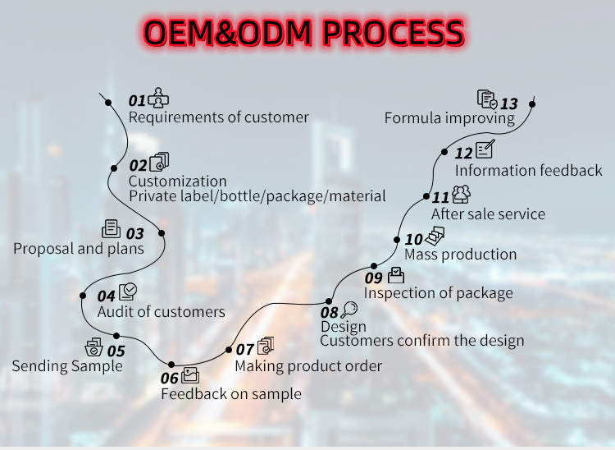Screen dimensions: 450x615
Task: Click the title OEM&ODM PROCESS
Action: (x=303, y=32)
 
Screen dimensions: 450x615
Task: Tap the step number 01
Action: (x=137, y=100)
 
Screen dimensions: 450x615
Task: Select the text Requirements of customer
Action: (x=218, y=117)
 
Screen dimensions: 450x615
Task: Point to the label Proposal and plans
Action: (x=78, y=248)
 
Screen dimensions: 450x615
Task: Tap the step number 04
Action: (x=107, y=296)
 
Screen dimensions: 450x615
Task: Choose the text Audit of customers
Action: (x=161, y=311)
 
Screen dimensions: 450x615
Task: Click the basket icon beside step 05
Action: (x=94, y=347)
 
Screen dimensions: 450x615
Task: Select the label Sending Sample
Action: (x=66, y=365)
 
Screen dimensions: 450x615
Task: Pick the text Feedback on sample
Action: (x=230, y=394)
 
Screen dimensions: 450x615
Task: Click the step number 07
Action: (x=245, y=349)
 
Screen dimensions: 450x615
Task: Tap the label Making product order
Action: (x=308, y=365)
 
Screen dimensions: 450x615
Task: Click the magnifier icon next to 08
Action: (x=350, y=309)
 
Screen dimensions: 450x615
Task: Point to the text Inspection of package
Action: (x=438, y=293)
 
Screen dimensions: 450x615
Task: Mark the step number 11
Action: (x=440, y=197)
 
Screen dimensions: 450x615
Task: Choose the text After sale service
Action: (x=488, y=214)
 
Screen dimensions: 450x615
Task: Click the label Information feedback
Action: (x=528, y=171)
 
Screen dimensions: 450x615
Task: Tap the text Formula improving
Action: (x=449, y=118)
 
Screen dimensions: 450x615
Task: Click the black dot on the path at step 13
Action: (x=532, y=104)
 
